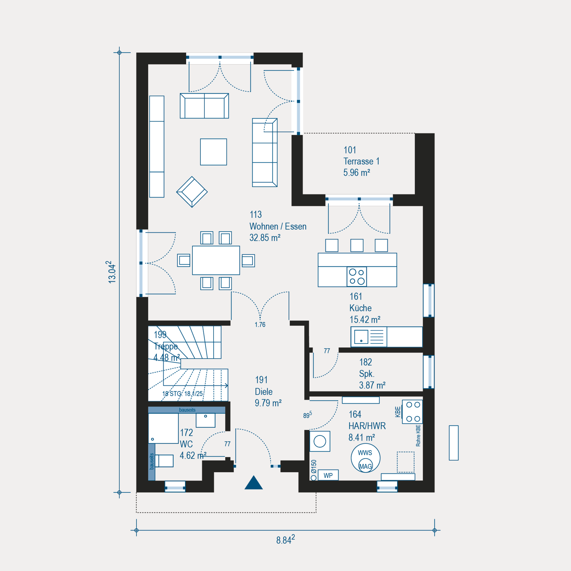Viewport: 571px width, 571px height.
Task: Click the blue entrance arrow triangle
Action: click(x=254, y=483)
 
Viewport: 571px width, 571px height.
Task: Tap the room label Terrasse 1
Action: click(x=361, y=161)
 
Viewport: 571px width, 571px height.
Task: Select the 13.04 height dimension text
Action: click(x=112, y=272)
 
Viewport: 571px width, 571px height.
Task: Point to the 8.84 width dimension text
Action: click(x=285, y=539)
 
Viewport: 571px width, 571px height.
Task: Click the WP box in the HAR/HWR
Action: click(x=328, y=475)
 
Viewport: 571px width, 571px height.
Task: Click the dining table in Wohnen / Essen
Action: click(x=216, y=260)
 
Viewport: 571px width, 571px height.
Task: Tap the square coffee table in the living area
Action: click(x=214, y=152)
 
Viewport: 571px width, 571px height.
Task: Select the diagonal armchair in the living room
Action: click(x=192, y=192)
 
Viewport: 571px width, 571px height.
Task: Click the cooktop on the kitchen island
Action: click(x=357, y=277)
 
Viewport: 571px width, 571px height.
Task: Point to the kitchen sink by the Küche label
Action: click(x=361, y=337)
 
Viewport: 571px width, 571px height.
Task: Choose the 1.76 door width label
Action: click(x=260, y=325)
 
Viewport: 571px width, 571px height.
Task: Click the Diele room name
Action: click(x=264, y=392)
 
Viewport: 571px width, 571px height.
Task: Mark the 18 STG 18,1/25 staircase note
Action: click(x=183, y=394)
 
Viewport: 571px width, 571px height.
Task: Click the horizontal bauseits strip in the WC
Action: click(x=187, y=410)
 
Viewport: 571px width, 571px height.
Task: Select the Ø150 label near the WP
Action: click(x=314, y=466)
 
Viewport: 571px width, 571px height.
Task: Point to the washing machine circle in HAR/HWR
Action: click(x=320, y=441)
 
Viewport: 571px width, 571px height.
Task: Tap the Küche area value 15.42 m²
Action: click(x=365, y=319)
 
